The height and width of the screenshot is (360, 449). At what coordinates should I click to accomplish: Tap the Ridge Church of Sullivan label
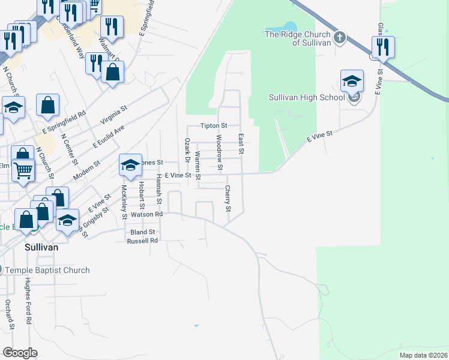click(298, 38)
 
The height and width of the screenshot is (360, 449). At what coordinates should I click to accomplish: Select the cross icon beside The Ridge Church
click(340, 38)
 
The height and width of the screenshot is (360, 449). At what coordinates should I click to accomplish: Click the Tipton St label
click(214, 126)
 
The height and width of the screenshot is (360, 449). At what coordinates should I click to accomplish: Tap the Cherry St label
click(228, 199)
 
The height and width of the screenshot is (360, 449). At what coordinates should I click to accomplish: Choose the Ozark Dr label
click(186, 155)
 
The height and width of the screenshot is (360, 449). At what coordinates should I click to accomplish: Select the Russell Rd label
click(142, 241)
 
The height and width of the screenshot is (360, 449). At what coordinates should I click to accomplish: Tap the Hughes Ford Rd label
click(28, 305)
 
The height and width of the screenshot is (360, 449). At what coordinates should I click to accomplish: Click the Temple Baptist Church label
click(47, 270)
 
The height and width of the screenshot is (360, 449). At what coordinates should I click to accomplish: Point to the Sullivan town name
click(41, 247)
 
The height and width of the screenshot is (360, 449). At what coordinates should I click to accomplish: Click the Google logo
click(20, 352)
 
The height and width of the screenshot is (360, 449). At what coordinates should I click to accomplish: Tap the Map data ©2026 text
click(423, 355)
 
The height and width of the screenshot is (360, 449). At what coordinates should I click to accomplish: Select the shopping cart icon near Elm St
click(23, 170)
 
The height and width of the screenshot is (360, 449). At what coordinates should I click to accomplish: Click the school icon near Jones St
click(130, 165)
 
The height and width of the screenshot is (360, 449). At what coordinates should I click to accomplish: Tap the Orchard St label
click(8, 315)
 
